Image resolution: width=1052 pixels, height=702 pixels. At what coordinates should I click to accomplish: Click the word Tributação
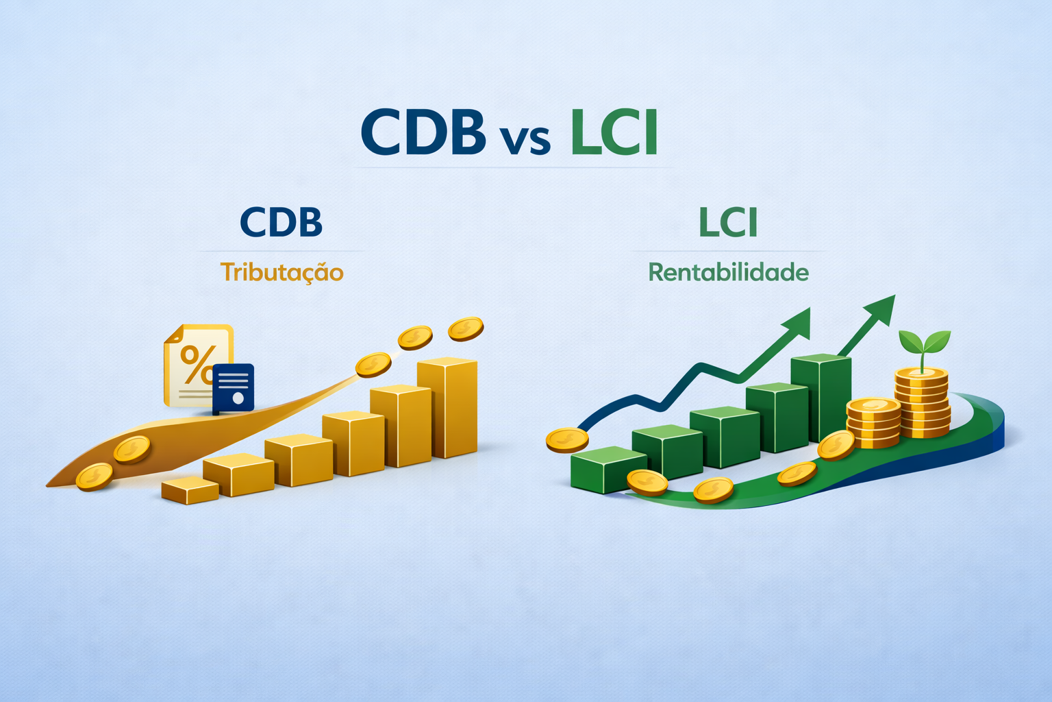coord(281,272)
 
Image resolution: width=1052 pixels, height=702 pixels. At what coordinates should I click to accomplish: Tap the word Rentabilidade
coord(728,272)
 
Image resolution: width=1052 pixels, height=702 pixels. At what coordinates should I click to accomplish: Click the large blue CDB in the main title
coord(423,132)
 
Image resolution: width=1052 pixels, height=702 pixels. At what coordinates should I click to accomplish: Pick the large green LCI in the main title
coord(614,132)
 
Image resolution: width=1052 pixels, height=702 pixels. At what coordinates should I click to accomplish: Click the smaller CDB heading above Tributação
coord(281,222)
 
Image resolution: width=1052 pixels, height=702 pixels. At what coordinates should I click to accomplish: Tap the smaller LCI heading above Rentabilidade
coord(728,223)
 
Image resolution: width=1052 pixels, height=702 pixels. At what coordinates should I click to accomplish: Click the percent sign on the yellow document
coord(197,363)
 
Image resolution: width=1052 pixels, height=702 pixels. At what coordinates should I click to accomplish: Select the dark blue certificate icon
coord(234,388)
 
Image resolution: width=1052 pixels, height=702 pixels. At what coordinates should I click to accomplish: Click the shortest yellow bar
coord(190,490)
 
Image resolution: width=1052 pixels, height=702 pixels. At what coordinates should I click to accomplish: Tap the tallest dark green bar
coord(821,398)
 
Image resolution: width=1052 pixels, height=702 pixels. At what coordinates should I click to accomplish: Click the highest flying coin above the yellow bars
coord(466,328)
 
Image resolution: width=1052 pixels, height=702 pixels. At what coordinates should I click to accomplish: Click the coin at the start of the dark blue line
coord(567,439)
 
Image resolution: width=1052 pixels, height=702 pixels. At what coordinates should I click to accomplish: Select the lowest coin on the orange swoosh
coord(94,476)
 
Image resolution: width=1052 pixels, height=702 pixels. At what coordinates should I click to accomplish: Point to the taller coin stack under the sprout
coord(922,402)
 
